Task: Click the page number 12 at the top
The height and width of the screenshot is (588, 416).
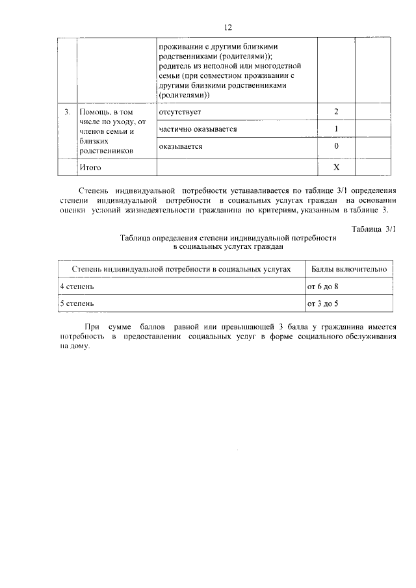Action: [227, 27]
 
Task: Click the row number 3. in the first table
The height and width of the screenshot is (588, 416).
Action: [67, 112]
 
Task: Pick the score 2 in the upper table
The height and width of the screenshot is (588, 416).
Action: [336, 112]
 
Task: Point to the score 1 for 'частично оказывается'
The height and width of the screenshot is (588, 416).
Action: [336, 129]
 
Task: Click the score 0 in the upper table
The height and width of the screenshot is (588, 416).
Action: [336, 147]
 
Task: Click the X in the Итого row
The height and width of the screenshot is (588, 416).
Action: [336, 168]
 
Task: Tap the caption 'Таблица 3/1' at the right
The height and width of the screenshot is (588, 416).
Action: [373, 229]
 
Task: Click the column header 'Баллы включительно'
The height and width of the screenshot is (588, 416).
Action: [349, 268]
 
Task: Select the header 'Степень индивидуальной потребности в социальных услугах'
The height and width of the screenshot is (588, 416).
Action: [180, 268]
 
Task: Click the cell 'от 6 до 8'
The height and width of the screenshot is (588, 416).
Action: [323, 286]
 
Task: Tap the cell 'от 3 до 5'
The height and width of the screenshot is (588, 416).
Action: [323, 303]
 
